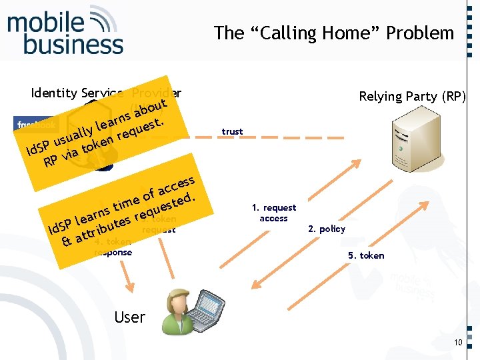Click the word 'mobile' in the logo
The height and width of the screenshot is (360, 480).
pos(45,23)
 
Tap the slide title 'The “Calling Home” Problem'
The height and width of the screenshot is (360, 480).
pos(333,33)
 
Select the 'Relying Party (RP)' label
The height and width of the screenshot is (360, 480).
pos(413,97)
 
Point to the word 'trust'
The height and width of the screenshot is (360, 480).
pos(232,131)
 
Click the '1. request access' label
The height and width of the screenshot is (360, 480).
pos(274,213)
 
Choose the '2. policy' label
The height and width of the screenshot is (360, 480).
pos(327,229)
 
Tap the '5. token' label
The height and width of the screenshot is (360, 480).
pos(366,255)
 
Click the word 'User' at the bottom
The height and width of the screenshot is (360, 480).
pos(129,317)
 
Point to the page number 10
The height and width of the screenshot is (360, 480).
pos(457,343)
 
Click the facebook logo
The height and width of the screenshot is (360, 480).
pos(36,124)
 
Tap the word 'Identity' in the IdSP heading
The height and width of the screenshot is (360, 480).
pos(53,93)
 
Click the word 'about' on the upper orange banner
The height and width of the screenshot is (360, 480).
pos(148,107)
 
